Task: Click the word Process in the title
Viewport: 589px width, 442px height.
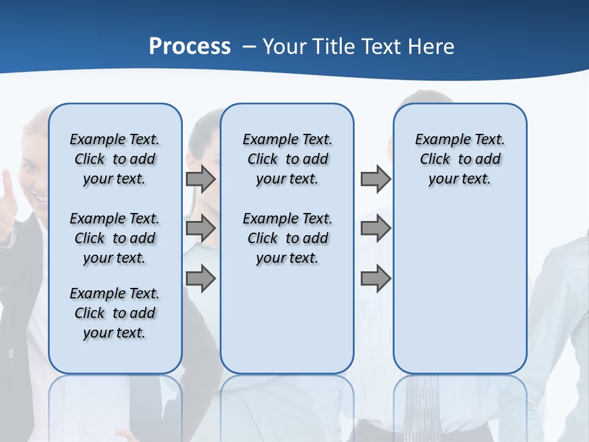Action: tap(190, 47)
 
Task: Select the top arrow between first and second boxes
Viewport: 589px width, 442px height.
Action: tap(201, 179)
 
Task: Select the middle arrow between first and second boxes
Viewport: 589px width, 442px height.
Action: tap(201, 229)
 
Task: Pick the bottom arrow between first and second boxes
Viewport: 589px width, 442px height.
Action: tap(201, 279)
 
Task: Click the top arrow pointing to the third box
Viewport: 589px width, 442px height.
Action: tap(375, 179)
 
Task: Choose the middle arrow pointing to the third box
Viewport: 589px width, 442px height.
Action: tap(375, 229)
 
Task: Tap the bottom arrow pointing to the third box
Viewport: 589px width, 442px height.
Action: tap(375, 279)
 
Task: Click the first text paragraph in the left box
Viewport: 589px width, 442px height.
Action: tap(115, 159)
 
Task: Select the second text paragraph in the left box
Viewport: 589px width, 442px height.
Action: tap(115, 238)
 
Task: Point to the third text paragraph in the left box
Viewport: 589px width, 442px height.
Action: tap(115, 313)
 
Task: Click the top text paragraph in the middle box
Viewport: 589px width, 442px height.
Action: tap(287, 159)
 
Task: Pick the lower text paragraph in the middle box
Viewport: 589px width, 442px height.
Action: tap(287, 238)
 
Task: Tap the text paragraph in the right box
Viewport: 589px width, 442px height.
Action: tap(460, 159)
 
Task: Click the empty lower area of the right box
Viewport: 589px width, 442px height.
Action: tap(460, 289)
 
